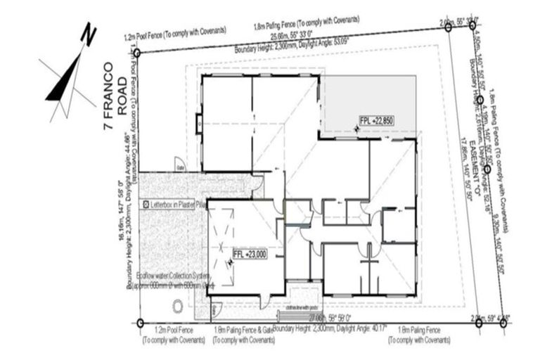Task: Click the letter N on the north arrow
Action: point(88,33)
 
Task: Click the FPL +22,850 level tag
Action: point(376,120)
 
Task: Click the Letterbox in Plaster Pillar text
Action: point(176,204)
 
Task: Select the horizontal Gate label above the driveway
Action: point(180,169)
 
